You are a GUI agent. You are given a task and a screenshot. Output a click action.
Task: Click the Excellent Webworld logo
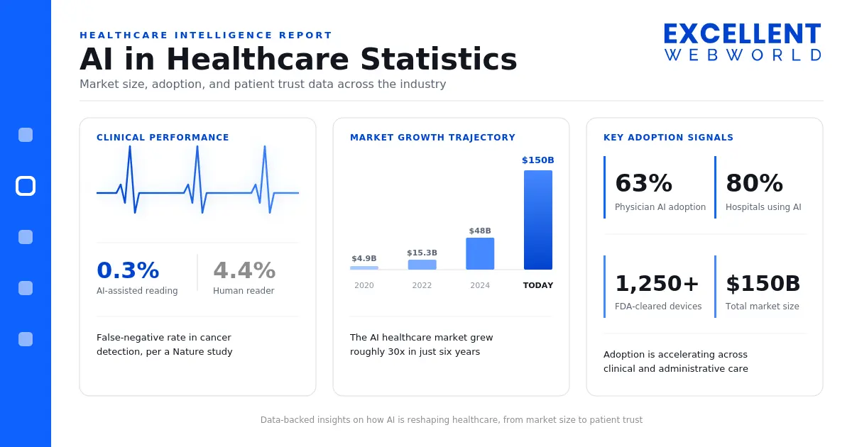[743, 42]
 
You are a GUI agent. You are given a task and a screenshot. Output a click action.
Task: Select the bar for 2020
[364, 267]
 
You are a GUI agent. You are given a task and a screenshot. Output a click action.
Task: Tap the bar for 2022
[422, 265]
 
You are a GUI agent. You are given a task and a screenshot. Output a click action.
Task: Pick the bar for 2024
[480, 253]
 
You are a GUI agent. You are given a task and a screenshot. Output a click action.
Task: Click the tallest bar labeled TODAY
[538, 220]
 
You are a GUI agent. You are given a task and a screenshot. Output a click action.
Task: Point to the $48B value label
[480, 231]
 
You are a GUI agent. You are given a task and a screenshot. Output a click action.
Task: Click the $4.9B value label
[364, 258]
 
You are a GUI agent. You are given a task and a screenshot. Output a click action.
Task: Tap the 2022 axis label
[422, 285]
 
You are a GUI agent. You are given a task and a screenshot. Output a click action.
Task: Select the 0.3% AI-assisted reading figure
[128, 270]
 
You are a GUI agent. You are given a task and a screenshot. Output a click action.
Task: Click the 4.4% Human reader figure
[244, 270]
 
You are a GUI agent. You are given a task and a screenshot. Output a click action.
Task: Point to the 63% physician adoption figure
[644, 183]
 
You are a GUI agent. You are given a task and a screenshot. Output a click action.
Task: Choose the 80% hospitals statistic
[754, 183]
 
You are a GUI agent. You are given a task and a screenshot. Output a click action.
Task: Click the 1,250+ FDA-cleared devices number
[657, 284]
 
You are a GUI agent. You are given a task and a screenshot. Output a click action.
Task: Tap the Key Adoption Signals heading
[668, 137]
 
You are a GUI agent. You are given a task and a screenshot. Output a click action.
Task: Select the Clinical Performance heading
[163, 137]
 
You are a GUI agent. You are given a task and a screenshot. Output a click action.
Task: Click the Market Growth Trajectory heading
[432, 137]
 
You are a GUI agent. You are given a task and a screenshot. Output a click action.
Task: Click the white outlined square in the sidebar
[26, 186]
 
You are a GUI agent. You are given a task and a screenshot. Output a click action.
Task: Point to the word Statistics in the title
[439, 60]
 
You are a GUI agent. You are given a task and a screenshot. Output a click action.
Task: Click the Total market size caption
[763, 307]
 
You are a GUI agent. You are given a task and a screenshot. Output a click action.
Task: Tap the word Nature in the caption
[187, 352]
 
